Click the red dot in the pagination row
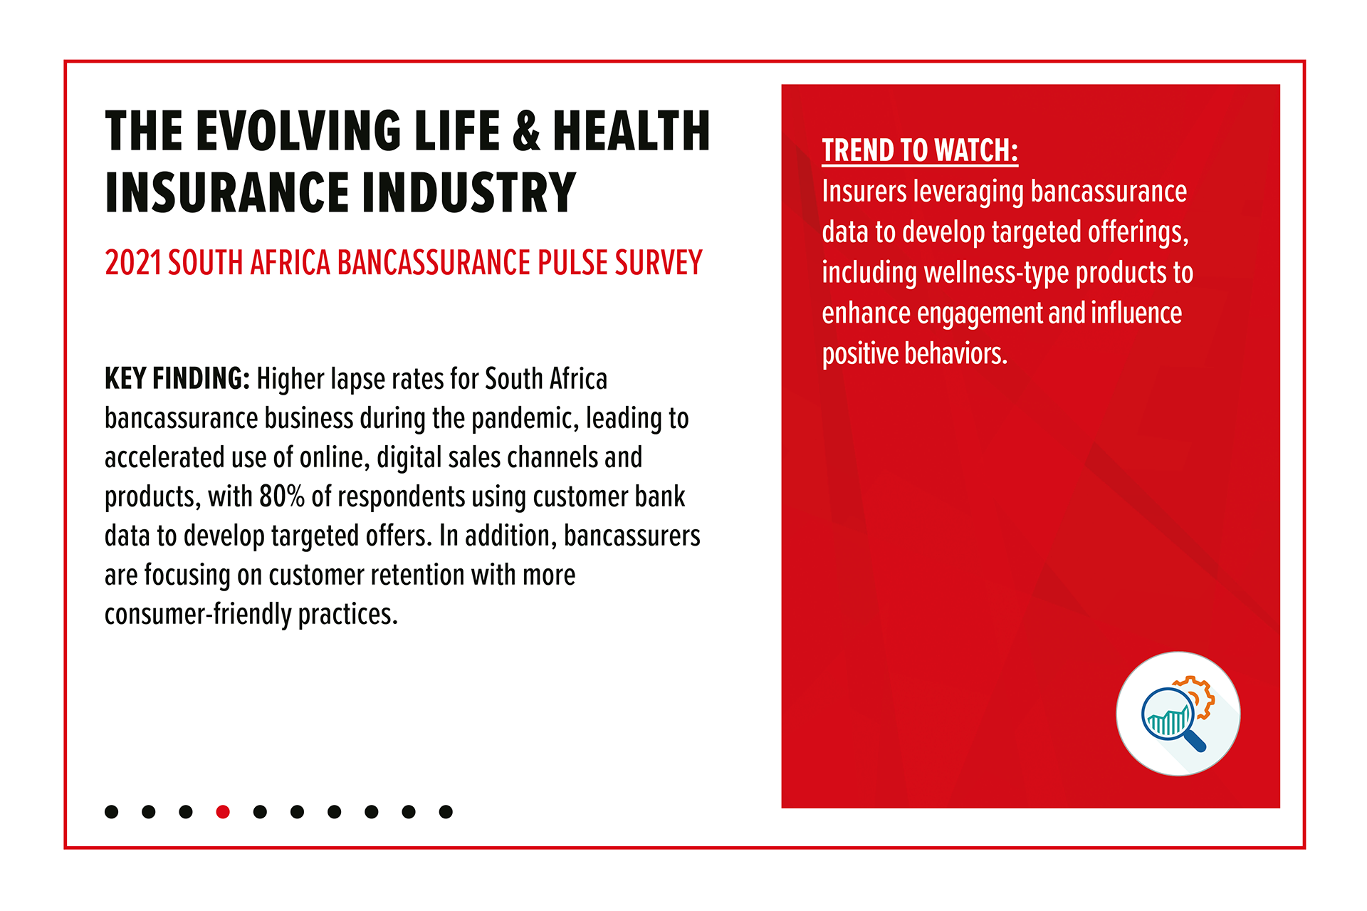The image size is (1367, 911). (223, 811)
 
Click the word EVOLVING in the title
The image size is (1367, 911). (298, 131)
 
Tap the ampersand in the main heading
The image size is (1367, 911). (526, 131)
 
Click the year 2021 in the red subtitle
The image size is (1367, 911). (133, 263)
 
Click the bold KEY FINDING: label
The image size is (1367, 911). (177, 379)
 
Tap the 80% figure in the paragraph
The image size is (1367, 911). (282, 496)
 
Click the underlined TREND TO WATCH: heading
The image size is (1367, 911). (920, 151)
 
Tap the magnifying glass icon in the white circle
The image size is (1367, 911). (1173, 719)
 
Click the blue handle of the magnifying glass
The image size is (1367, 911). (1195, 741)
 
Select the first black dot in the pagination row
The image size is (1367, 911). (112, 811)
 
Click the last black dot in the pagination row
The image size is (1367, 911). (446, 811)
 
